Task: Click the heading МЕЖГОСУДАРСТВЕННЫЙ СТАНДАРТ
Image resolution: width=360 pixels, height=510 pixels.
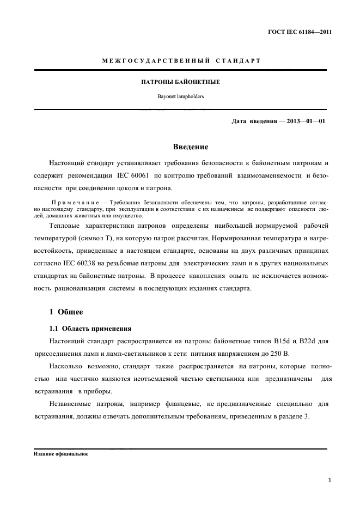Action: point(181,60)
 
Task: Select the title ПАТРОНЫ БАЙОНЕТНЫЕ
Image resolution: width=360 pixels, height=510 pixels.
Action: point(181,82)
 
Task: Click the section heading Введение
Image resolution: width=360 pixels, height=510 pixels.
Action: point(190,147)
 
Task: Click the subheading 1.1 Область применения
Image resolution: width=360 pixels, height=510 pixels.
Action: point(90,329)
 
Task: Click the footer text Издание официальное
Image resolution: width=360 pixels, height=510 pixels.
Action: point(61,453)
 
